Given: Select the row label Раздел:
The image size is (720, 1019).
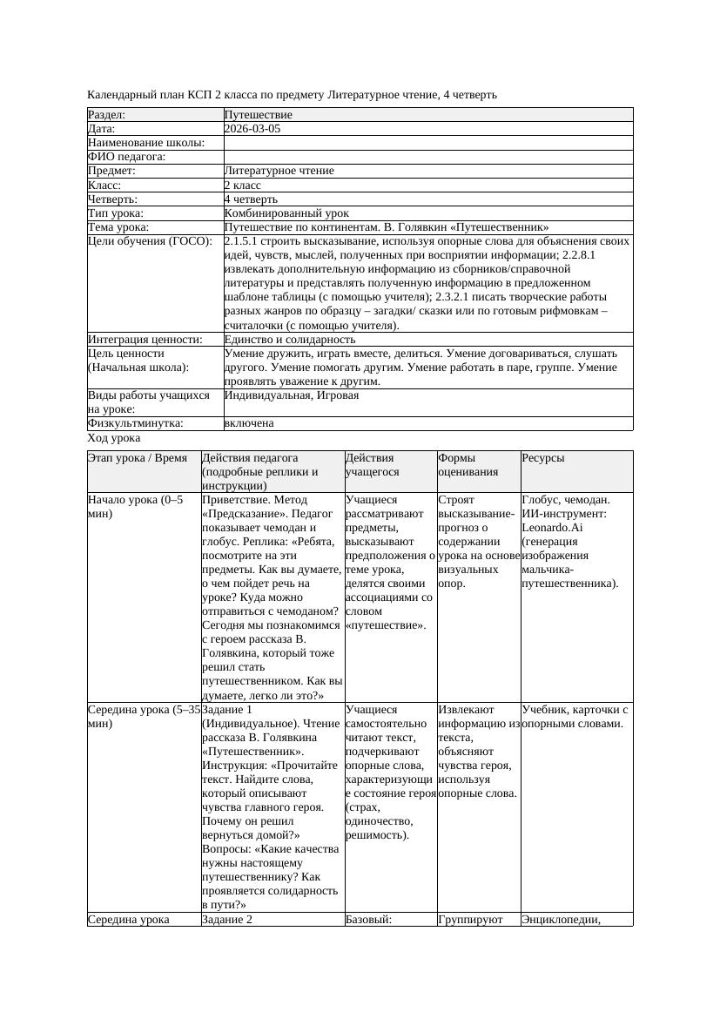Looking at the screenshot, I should [107, 115].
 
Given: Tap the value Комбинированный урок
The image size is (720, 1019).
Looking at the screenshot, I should [286, 213].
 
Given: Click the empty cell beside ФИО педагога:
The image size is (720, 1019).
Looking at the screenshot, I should [427, 157].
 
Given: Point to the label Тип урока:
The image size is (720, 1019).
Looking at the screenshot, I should [116, 213].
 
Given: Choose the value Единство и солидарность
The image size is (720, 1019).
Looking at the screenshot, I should [290, 340].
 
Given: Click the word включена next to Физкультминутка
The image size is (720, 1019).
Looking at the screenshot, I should [249, 423].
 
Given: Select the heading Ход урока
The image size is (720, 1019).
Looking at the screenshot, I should [114, 439].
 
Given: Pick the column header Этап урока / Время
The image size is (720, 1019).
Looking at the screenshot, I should [138, 458].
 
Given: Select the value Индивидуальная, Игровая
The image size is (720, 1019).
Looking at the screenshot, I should [291, 395].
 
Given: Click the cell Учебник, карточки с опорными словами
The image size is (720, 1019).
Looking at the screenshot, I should [575, 717].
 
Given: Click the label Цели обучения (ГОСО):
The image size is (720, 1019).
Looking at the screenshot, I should [150, 241].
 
